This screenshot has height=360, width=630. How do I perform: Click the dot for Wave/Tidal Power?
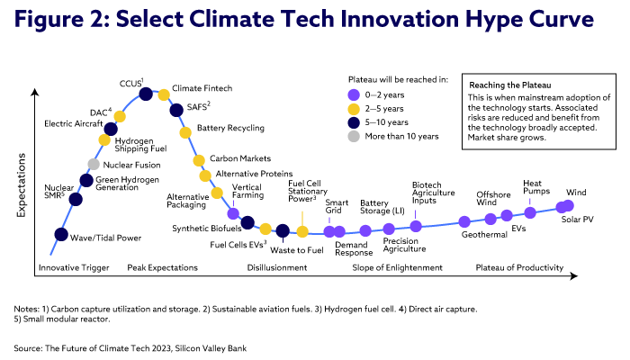click(60, 235)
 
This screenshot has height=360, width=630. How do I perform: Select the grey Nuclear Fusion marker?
click(93, 164)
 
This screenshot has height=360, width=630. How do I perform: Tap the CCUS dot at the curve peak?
click(146, 94)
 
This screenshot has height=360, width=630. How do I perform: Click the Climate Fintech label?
click(202, 87)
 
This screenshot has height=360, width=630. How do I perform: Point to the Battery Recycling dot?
click(185, 131)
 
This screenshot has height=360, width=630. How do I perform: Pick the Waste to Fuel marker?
click(283, 231)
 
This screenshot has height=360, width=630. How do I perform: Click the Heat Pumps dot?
click(530, 212)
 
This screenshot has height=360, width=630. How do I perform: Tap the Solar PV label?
click(577, 219)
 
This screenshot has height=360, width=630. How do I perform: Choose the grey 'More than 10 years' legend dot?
click(354, 136)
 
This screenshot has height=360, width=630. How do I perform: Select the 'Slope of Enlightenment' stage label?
click(397, 267)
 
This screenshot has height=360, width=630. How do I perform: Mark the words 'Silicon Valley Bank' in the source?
click(217, 347)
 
